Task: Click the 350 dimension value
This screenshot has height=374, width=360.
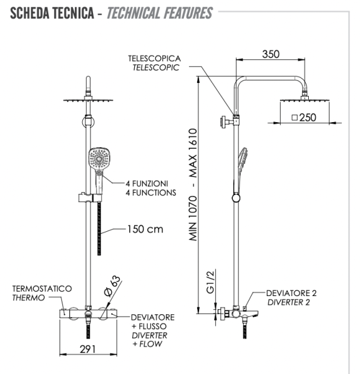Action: [271, 54]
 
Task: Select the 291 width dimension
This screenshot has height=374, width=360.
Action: [88, 350]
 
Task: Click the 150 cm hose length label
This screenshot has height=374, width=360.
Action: [145, 229]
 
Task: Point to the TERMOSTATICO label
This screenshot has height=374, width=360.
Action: [42, 289]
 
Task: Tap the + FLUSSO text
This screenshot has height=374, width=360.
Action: [150, 326]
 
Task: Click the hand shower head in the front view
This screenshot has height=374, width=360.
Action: [99, 158]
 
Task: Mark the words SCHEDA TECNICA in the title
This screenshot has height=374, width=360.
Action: [51, 12]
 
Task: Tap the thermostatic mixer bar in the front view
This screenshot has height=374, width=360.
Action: [87, 314]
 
